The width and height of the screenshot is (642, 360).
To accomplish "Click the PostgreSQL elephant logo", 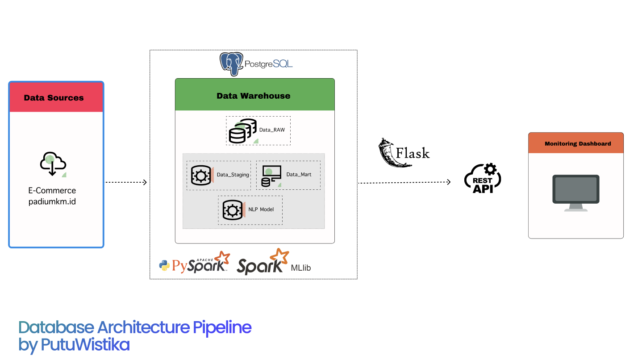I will click(x=231, y=64).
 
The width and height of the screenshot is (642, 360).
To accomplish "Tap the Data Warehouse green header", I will click(x=254, y=95).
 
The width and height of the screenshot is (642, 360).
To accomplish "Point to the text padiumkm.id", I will click(x=52, y=201).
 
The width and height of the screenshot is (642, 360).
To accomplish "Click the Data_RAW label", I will click(x=272, y=130).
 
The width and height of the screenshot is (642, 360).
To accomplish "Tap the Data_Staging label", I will click(x=233, y=175).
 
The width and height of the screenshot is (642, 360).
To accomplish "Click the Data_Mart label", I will click(x=299, y=174).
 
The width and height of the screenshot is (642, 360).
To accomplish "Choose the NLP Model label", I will click(x=261, y=209).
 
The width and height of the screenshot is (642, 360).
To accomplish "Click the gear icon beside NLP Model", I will click(x=232, y=210).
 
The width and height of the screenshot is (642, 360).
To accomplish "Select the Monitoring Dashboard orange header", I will click(x=575, y=143).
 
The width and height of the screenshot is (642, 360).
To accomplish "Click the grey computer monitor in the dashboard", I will click(x=575, y=193).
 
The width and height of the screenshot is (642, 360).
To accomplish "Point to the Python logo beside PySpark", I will click(x=164, y=266).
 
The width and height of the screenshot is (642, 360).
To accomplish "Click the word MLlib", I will click(x=300, y=268).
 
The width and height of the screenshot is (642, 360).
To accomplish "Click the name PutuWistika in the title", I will click(x=85, y=344).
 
